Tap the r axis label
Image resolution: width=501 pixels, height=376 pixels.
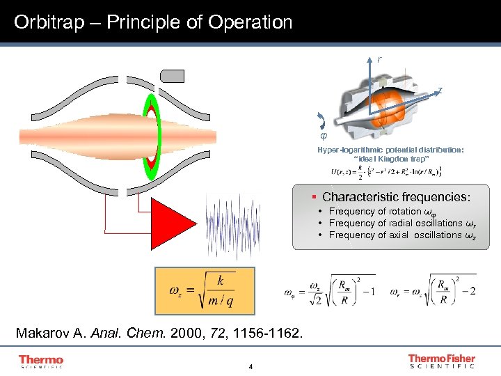(x=379, y=60)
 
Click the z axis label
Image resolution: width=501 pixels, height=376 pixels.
(x=439, y=90)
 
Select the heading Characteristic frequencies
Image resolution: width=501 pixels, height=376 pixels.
(x=396, y=197)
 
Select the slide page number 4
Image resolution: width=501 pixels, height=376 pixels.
(x=250, y=367)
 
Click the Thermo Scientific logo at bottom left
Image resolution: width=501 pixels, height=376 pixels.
(x=41, y=361)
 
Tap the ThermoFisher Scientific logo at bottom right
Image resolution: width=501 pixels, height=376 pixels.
(x=441, y=361)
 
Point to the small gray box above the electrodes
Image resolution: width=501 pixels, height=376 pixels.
(x=172, y=75)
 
